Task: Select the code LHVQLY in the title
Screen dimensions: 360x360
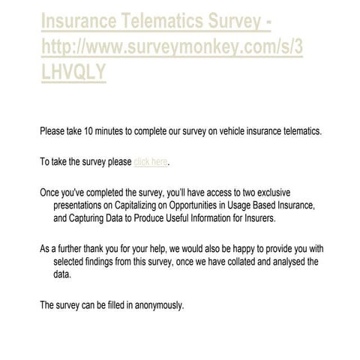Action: coord(73,71)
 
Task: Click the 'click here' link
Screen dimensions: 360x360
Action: coord(151,161)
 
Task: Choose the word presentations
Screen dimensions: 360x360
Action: coord(82,205)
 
